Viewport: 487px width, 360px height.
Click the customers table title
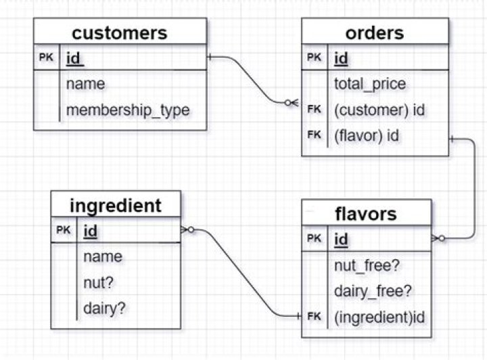[x=120, y=33]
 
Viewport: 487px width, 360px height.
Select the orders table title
[x=375, y=33]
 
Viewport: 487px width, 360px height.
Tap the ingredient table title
[x=116, y=206]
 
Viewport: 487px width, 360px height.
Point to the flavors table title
[x=366, y=214]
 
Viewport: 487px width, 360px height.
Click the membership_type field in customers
[x=128, y=110]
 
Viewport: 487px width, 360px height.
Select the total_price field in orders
[x=370, y=84]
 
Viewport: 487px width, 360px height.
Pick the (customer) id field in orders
[x=379, y=110]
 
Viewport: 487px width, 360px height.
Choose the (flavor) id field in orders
[x=367, y=136]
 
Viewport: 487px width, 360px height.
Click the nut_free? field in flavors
[x=367, y=266]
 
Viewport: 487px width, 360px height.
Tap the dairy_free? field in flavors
[x=373, y=292]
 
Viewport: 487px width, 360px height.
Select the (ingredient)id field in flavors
[x=379, y=317]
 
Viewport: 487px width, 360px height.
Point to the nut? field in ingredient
[x=99, y=283]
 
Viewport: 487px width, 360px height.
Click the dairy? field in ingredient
[x=104, y=309]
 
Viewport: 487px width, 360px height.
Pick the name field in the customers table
[x=85, y=84]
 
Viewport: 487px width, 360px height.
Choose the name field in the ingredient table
[x=103, y=257]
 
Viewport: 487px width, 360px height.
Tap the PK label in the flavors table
[x=314, y=238]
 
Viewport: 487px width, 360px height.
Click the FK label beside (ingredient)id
[x=314, y=316]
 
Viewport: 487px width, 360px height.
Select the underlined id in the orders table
[x=341, y=58]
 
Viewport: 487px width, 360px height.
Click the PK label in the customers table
[x=46, y=57]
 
